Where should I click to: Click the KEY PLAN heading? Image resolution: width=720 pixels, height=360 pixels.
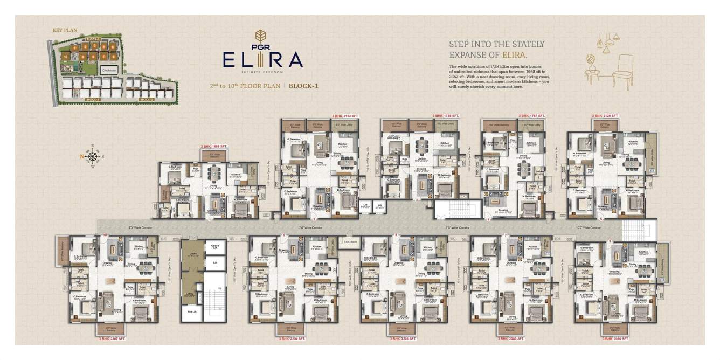tap(63, 31)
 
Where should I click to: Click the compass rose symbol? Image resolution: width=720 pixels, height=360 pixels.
tap(92, 157)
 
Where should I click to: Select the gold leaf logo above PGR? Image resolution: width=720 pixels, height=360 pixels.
tap(263, 36)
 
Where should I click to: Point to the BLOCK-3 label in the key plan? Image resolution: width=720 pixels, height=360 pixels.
tap(93, 100)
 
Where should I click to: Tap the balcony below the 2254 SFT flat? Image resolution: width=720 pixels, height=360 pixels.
tap(292, 329)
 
